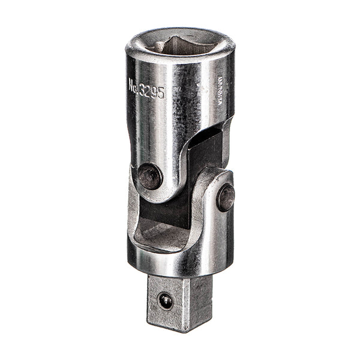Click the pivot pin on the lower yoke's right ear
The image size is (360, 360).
tap(226, 197)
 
